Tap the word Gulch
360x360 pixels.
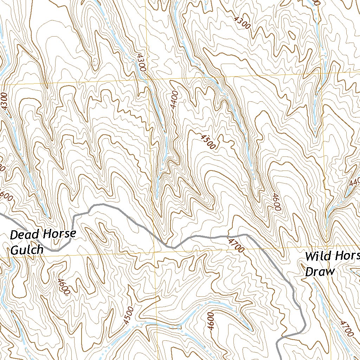point(27,250)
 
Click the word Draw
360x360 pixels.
point(320,272)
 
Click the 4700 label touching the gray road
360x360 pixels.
point(236,245)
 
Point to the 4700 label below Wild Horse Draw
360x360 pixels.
point(346,328)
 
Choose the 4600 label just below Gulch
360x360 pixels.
point(63,286)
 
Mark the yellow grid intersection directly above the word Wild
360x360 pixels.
point(327,243)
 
